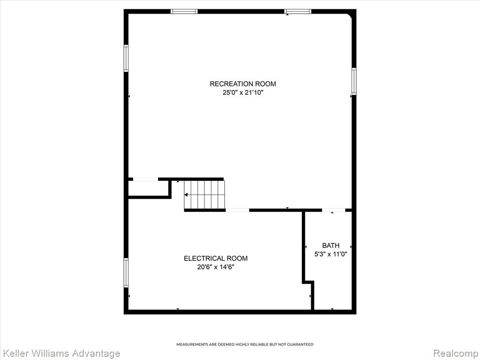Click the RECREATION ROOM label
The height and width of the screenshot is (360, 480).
click(243, 84)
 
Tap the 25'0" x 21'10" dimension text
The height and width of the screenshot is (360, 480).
click(243, 92)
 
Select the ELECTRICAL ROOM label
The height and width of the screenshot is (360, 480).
click(216, 258)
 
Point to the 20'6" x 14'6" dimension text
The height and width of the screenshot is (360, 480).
click(216, 267)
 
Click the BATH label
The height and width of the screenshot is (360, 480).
click(330, 246)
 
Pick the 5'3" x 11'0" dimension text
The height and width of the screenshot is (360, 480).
click(330, 254)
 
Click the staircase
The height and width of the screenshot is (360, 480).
click(204, 195)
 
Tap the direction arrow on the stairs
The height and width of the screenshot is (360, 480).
click(186, 195)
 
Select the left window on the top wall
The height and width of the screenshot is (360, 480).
click(184, 12)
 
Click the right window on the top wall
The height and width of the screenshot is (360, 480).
click(298, 12)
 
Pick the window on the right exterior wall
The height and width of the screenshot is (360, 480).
click(354, 82)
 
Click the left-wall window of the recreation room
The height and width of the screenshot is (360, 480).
click(126, 58)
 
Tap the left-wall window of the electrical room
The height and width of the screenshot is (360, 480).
click(126, 273)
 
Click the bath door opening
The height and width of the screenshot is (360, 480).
click(334, 210)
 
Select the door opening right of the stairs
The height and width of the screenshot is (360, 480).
click(238, 210)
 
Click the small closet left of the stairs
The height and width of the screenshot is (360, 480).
click(149, 188)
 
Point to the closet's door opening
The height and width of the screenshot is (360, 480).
click(146, 179)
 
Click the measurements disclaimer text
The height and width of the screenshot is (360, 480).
click(245, 345)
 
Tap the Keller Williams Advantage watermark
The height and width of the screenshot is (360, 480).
click(60, 353)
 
